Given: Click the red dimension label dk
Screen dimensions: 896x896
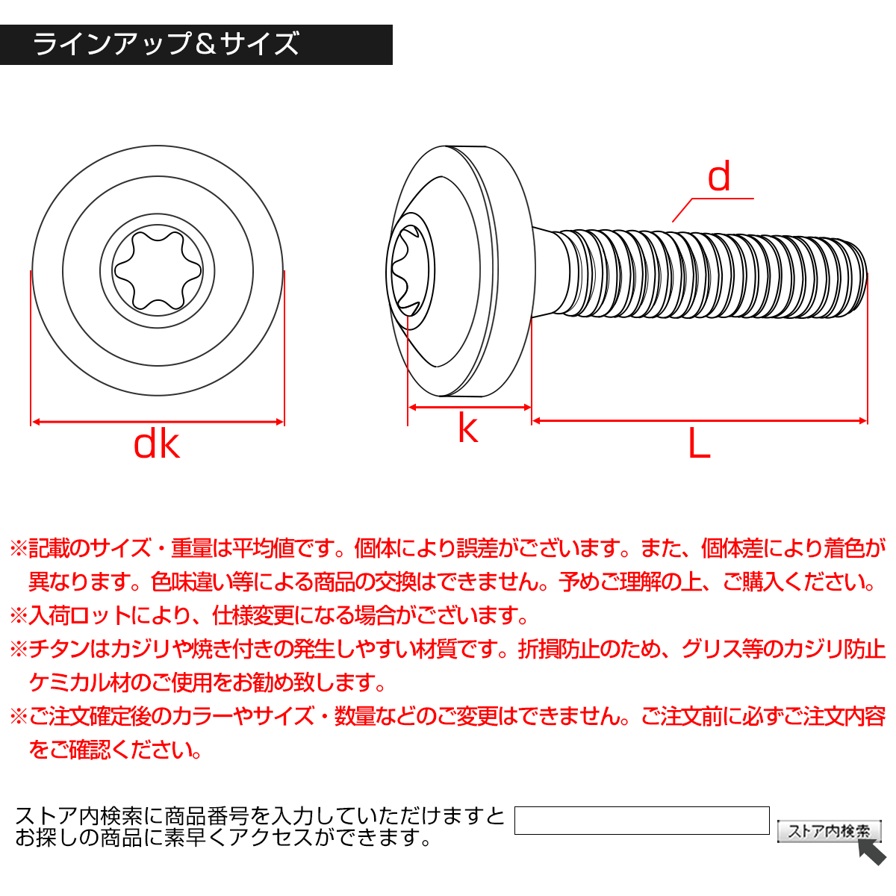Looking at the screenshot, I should pyautogui.click(x=157, y=445).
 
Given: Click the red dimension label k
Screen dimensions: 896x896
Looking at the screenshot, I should pyautogui.click(x=467, y=429).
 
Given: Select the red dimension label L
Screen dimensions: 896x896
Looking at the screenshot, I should pyautogui.click(x=699, y=445).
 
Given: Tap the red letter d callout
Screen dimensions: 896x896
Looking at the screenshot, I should pyautogui.click(x=719, y=178).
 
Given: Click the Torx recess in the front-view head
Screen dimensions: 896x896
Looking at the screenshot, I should pyautogui.click(x=158, y=270).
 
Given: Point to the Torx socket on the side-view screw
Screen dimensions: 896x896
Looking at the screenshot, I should pyautogui.click(x=411, y=270).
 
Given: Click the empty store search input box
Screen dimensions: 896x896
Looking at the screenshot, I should pyautogui.click(x=642, y=820).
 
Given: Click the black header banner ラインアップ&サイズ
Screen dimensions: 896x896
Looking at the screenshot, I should pyautogui.click(x=196, y=45).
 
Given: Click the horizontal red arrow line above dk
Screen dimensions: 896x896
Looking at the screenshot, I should pyautogui.click(x=158, y=422).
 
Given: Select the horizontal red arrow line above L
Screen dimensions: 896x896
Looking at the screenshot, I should pyautogui.click(x=699, y=421).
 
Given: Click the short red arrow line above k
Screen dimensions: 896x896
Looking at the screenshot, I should pyautogui.click(x=469, y=407).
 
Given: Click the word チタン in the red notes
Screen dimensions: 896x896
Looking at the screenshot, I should pyautogui.click(x=59, y=649).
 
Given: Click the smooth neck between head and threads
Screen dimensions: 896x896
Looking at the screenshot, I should pyautogui.click(x=549, y=273).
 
